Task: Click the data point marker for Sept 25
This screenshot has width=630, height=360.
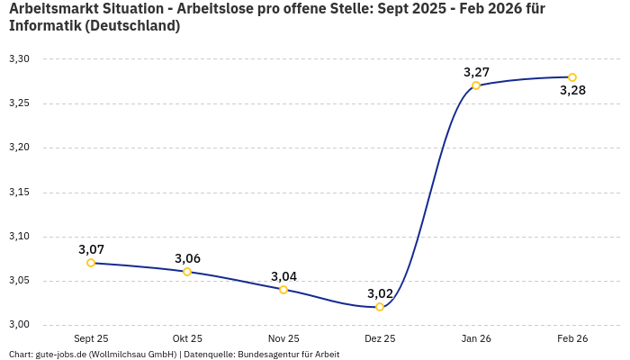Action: pos(91,263)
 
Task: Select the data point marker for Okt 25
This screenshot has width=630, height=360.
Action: pos(187,272)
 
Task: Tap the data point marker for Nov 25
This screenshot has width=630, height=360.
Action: pos(283,290)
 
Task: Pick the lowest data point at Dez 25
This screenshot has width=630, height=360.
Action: pos(380,307)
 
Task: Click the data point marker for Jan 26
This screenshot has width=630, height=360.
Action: pos(476,85)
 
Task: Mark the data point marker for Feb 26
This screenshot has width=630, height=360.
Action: pos(572,77)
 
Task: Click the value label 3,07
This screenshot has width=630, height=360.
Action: pos(91,249)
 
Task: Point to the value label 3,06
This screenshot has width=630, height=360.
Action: pos(187,258)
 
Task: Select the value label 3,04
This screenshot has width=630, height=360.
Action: pos(283,276)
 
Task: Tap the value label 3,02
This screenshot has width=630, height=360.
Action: pos(380,293)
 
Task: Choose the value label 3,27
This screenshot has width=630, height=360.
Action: pos(476,72)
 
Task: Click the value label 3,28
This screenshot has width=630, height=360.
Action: pos(572,90)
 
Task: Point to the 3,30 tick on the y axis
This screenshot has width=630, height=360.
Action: pos(19,59)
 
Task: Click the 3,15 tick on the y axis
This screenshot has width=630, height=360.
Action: pos(19,193)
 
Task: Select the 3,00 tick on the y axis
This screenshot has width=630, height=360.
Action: pos(19,325)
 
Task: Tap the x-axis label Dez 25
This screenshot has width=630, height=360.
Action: pos(380,338)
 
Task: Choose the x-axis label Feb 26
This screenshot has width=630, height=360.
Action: pos(572,338)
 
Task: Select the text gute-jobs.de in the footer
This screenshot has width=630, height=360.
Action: pos(60,355)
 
